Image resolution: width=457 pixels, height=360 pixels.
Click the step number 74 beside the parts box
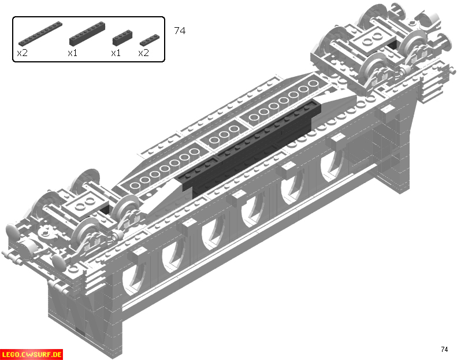point(180,31)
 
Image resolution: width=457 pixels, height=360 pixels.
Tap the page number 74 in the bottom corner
point(444,349)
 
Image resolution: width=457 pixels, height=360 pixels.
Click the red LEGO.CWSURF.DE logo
point(31,354)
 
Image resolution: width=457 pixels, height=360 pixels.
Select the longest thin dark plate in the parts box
point(40,34)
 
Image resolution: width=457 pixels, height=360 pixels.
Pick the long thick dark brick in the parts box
point(87,34)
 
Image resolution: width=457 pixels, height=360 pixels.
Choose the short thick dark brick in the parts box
point(122,38)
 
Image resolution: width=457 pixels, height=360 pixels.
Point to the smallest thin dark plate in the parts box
point(150,40)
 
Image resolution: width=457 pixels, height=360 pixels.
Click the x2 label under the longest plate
point(22,53)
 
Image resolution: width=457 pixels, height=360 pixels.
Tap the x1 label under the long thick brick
point(72,53)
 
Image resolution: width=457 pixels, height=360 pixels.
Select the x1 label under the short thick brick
point(116,53)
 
